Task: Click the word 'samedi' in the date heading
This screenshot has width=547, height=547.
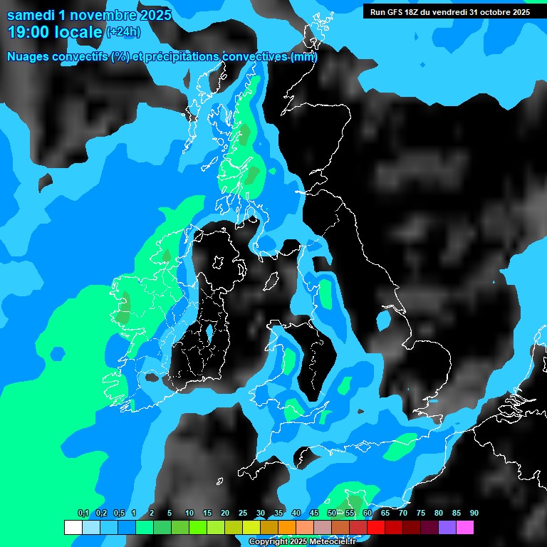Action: [x=31, y=14]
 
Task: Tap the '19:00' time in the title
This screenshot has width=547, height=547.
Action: [x=27, y=31]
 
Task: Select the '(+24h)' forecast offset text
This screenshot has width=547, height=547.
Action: [x=123, y=31]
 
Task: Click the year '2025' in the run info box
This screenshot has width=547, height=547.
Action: [x=517, y=11]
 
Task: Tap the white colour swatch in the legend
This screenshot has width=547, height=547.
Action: [x=73, y=527]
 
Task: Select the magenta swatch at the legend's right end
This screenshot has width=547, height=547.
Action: [x=465, y=527]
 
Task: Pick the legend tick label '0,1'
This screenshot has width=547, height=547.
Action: [x=83, y=514]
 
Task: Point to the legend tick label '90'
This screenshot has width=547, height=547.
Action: [x=474, y=514]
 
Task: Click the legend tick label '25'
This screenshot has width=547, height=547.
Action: [x=243, y=514]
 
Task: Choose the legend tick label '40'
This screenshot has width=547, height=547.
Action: [x=296, y=514]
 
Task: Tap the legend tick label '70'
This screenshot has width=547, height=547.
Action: [x=402, y=514]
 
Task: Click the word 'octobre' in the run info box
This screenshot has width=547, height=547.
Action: [x=486, y=11]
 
